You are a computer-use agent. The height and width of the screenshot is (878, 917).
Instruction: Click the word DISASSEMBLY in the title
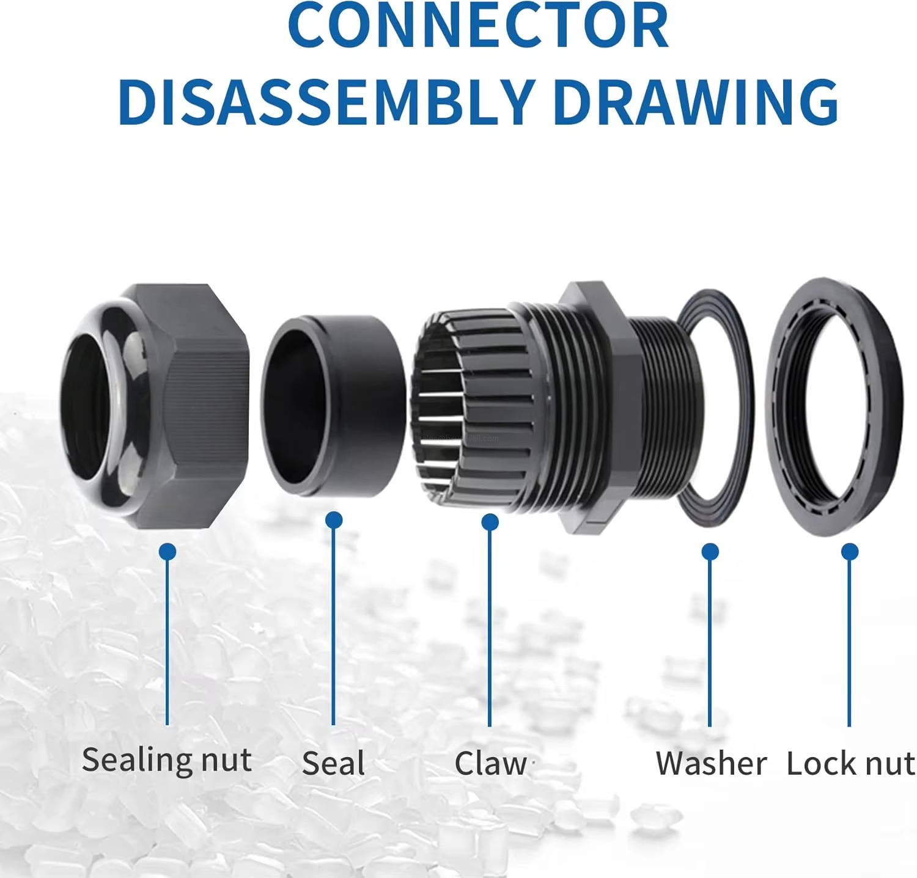pyautogui.click(x=326, y=101)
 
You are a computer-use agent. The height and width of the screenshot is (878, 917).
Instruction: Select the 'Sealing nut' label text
pyautogui.click(x=166, y=761)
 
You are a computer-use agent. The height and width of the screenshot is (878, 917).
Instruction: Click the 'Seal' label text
pyautogui.click(x=333, y=764)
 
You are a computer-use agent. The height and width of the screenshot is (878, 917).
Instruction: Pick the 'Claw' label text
pyautogui.click(x=490, y=764)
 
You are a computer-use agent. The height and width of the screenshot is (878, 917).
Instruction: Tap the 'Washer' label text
pyautogui.click(x=710, y=764)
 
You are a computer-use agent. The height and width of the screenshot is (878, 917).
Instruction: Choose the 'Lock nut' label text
pyautogui.click(x=850, y=764)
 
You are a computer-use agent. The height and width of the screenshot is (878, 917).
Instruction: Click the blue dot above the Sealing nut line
pyautogui.click(x=168, y=552)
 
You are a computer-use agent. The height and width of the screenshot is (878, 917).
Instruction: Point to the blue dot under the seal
pyautogui.click(x=334, y=521)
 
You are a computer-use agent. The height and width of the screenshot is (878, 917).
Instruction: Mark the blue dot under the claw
pyautogui.click(x=490, y=522)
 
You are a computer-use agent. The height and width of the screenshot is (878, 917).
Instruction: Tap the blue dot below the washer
pyautogui.click(x=710, y=552)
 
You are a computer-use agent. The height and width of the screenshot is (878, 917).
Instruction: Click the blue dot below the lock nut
pyautogui.click(x=850, y=552)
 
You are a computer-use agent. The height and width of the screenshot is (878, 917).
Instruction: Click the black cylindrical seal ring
pyautogui.click(x=333, y=406)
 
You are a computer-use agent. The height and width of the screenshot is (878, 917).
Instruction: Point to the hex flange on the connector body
pyautogui.click(x=596, y=406)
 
